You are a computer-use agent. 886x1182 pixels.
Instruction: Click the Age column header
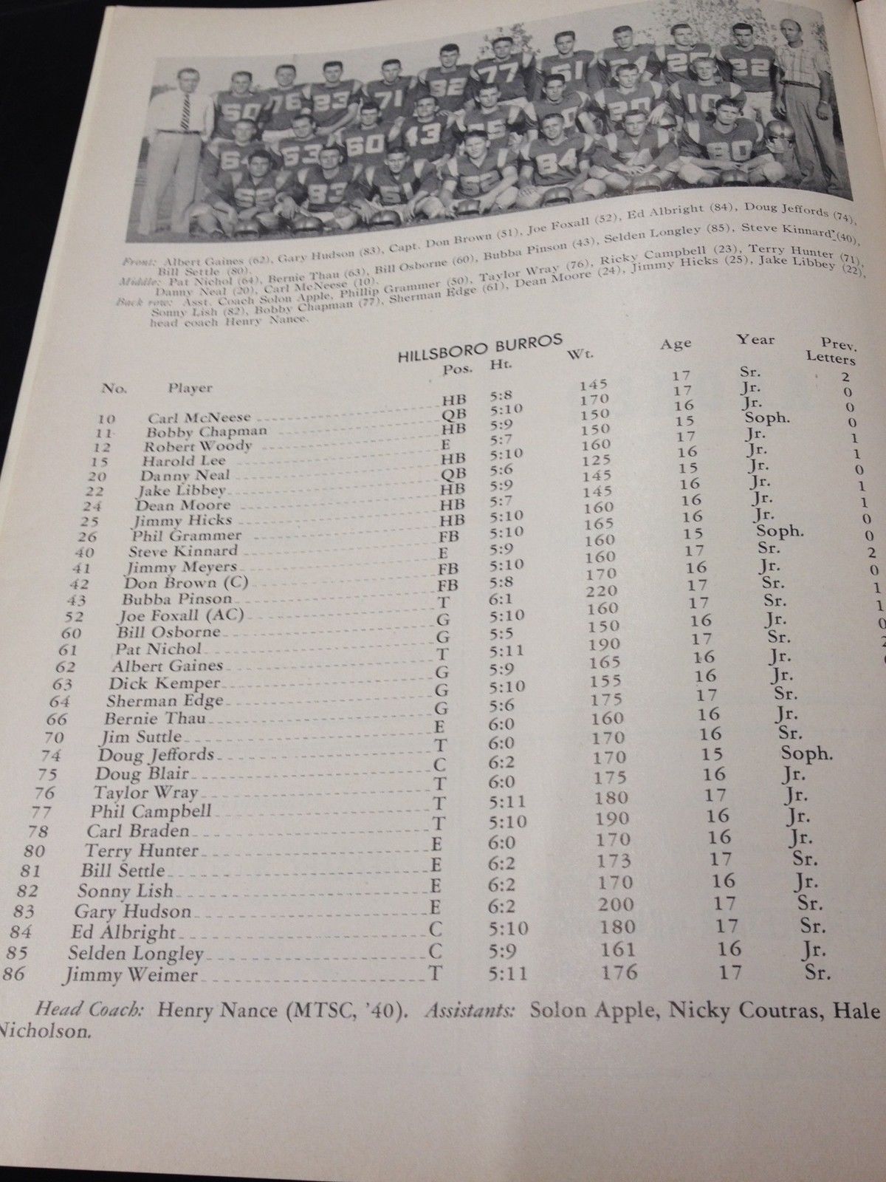click(x=676, y=343)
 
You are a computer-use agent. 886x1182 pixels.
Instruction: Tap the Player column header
click(x=190, y=387)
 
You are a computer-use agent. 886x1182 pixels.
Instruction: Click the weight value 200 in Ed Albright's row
click(x=616, y=903)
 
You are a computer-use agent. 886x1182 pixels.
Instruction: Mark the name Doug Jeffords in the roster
click(x=157, y=755)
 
